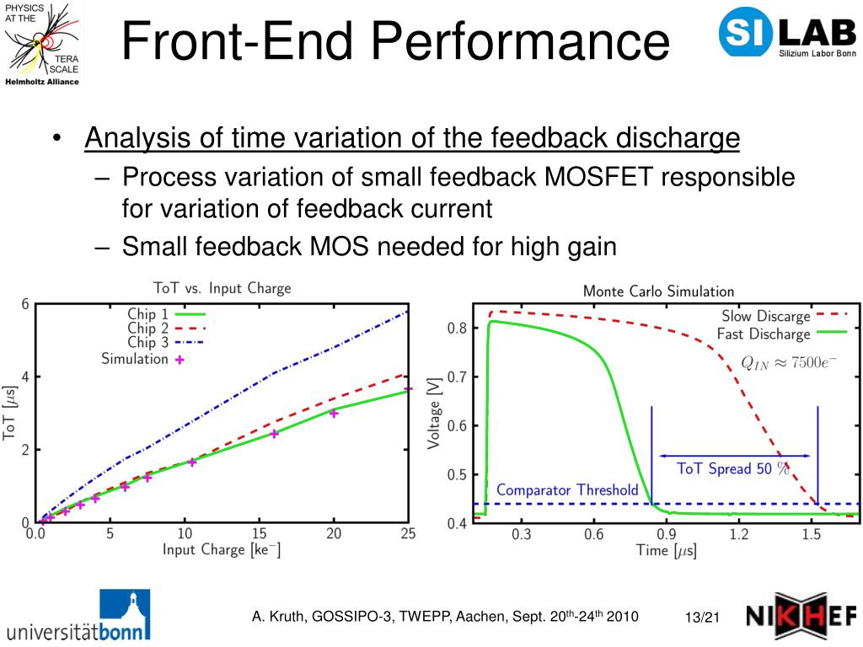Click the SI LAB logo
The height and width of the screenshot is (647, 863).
[x=787, y=35]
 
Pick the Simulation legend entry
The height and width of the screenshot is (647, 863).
[x=142, y=359]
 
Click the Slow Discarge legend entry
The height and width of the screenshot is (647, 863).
[x=784, y=316]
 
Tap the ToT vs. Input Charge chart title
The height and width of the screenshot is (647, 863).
[x=222, y=288]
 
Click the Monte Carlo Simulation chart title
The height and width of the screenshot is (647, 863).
[x=658, y=291]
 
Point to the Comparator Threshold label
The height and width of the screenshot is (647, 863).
[x=567, y=489]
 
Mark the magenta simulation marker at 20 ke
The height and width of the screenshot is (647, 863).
[x=334, y=413]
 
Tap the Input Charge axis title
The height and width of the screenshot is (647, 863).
[x=222, y=550]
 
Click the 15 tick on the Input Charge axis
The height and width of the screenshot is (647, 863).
[x=260, y=533]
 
